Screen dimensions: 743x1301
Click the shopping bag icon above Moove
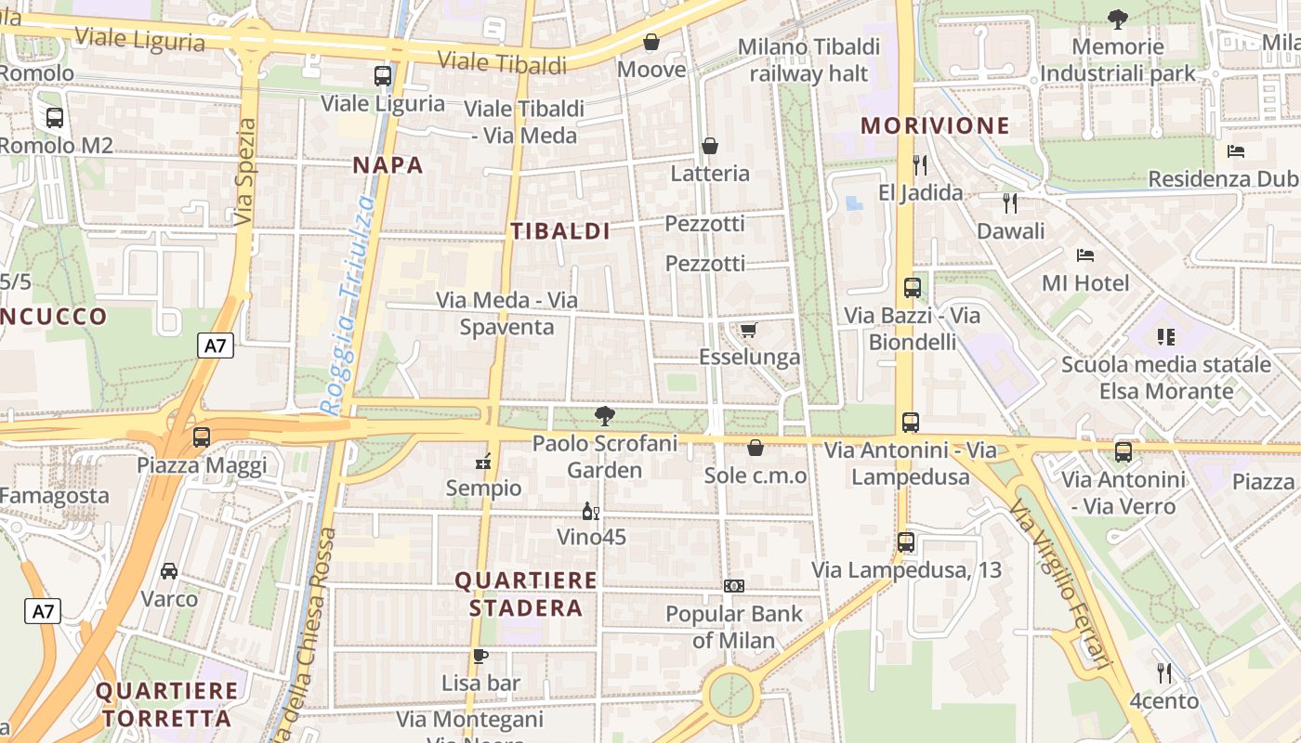[x=651, y=42]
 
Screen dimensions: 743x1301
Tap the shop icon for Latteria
[x=710, y=146]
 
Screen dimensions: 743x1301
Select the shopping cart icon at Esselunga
[x=748, y=330]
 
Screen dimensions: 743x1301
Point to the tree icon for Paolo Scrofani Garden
[x=605, y=416]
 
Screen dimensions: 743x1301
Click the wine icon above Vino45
[x=590, y=511]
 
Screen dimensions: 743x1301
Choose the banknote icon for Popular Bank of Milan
[x=734, y=586]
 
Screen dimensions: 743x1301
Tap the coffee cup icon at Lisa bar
[x=480, y=656]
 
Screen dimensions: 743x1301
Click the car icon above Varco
[x=169, y=570]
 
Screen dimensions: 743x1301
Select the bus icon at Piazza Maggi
[x=201, y=437]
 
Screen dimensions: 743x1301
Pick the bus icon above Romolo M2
[x=55, y=118]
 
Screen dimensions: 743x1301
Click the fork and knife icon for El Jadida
[x=920, y=165]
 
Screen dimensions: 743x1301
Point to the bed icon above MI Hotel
[x=1084, y=254]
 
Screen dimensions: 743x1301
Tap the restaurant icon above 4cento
[x=1164, y=672]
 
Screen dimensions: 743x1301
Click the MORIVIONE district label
[x=935, y=125]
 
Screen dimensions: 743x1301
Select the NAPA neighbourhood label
[x=388, y=165]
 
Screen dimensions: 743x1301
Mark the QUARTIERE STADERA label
[x=526, y=594]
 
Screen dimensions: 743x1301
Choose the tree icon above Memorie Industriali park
[x=1117, y=19]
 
